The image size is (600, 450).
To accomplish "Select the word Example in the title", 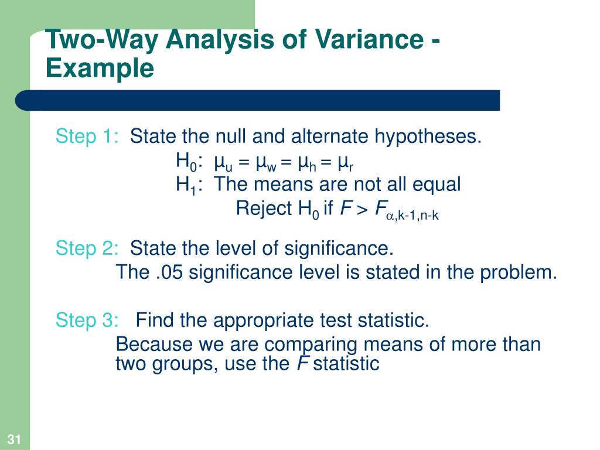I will (100, 69).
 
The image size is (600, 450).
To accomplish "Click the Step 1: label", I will (87, 137).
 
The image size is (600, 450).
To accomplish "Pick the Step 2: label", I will (87, 248).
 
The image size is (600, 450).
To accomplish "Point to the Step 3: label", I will (87, 321).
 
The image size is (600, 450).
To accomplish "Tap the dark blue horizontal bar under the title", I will (264, 100).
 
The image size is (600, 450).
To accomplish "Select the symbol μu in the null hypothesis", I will (223, 162).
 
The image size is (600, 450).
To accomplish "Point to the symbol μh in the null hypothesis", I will (308, 162).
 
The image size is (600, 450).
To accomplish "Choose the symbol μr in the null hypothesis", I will (346, 162).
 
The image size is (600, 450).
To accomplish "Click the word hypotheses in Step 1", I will (428, 137).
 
